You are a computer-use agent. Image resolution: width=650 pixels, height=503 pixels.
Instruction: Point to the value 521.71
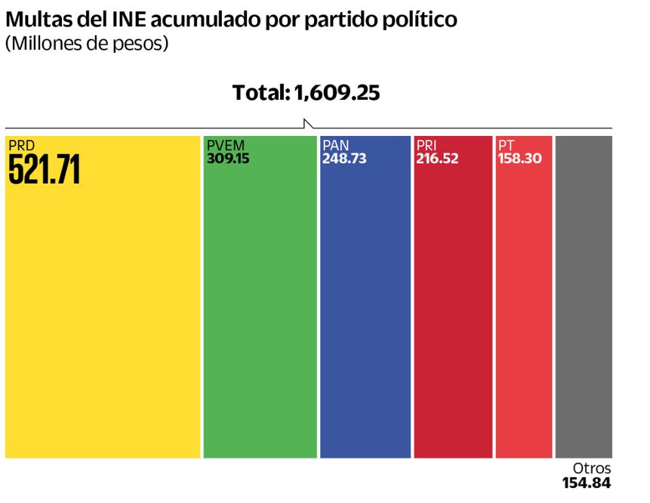click(44, 171)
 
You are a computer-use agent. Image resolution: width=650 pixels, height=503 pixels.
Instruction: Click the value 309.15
click(228, 159)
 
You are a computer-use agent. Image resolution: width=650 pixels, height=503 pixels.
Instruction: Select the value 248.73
click(343, 159)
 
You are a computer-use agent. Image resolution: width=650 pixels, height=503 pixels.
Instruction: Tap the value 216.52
click(437, 159)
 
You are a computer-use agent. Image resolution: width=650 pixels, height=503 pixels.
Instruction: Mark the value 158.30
click(520, 159)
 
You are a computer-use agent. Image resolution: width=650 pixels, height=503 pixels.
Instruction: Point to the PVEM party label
click(226, 145)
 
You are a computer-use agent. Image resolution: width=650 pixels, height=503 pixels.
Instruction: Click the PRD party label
click(22, 144)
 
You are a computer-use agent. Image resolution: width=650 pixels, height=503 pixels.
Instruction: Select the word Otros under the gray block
click(591, 468)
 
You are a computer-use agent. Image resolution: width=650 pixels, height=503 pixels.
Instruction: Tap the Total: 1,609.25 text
click(306, 93)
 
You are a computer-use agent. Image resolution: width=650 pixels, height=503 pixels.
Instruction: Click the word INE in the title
click(130, 20)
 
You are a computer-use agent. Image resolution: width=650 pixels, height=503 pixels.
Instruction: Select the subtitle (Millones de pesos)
click(87, 44)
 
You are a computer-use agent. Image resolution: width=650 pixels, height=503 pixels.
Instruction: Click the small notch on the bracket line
click(307, 123)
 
